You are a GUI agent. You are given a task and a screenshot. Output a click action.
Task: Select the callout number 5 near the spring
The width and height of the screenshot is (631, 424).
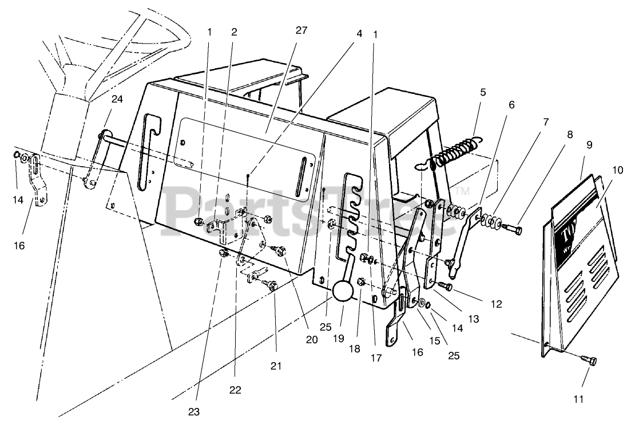tap(483, 91)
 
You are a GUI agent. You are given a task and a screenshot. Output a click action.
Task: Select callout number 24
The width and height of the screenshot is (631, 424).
tap(117, 99)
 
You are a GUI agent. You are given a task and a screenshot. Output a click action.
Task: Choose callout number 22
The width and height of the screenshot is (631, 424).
tap(235, 390)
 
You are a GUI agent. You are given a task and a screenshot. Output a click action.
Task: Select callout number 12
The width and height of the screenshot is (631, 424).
tap(496, 304)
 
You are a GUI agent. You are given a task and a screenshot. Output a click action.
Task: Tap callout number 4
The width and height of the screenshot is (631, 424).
tap(359, 33)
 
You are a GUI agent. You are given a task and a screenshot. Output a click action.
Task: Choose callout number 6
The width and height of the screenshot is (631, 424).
tap(511, 105)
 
